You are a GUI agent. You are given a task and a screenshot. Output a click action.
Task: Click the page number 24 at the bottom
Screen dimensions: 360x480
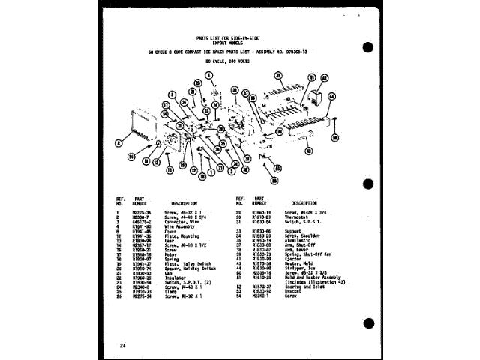123,344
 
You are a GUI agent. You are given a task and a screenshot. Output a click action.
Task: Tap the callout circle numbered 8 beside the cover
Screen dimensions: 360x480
118,142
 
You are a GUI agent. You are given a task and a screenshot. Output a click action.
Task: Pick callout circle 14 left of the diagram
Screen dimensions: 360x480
131,157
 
